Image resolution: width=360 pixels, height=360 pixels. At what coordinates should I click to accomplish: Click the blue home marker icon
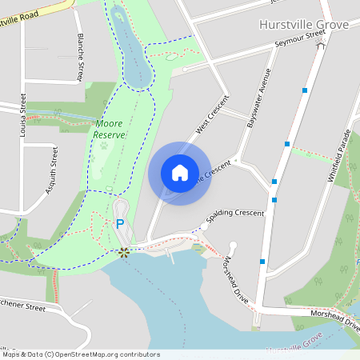179,173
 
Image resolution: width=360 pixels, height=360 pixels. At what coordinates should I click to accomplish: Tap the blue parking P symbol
120,225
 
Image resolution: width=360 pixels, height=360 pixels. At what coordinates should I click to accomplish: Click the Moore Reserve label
110,130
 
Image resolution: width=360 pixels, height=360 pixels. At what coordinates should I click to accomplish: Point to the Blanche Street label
80,57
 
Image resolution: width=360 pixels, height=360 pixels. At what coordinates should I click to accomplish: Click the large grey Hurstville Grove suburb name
304,25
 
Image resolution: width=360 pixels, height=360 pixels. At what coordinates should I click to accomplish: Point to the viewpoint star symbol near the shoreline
124,253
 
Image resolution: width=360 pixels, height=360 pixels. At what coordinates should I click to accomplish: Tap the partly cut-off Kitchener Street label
24,305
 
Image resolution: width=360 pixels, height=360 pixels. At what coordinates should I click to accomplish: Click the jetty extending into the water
170,257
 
